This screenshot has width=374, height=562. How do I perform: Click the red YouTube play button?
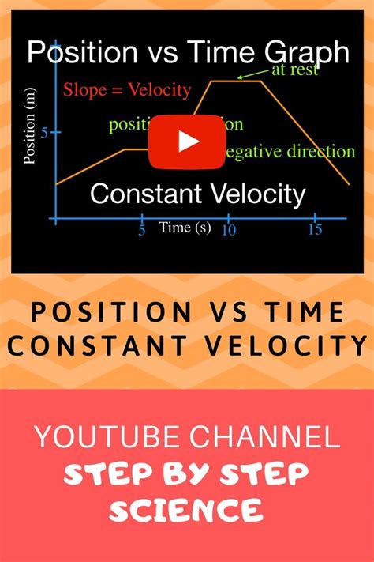(x=187, y=141)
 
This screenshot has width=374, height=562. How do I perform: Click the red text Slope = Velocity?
(x=127, y=89)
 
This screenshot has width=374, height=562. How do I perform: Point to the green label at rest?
(x=294, y=70)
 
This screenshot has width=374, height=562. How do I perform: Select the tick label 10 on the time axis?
(x=229, y=230)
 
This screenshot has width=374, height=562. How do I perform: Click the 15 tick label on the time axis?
(x=316, y=230)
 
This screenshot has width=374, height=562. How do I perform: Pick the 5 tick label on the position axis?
(x=44, y=133)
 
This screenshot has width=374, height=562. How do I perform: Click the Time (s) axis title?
(x=185, y=228)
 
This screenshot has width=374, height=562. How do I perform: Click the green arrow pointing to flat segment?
(x=252, y=77)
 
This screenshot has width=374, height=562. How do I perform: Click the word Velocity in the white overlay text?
(x=256, y=194)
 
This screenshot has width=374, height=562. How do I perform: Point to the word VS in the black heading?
(x=226, y=313)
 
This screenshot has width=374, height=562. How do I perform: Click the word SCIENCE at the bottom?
(x=186, y=510)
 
